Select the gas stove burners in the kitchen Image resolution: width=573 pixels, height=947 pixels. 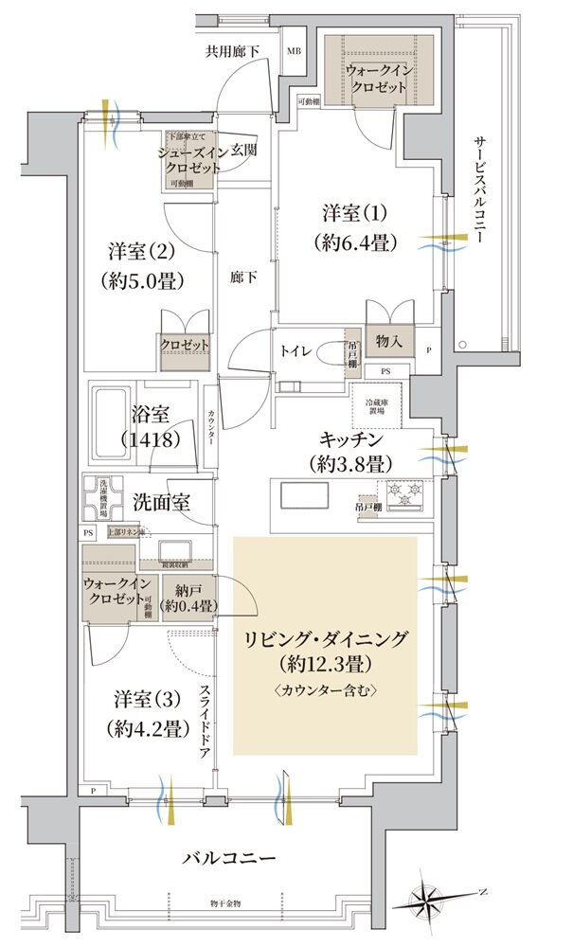point(405,494)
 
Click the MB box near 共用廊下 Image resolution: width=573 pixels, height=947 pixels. point(295,51)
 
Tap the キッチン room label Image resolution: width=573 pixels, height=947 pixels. point(349,452)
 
